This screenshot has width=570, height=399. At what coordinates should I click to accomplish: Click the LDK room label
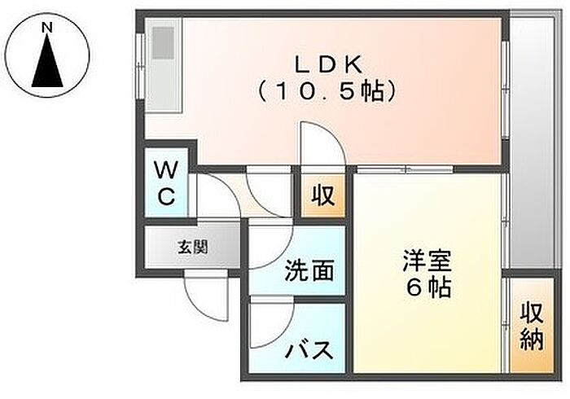pyautogui.click(x=328, y=65)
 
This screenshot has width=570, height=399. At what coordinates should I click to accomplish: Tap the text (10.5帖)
pyautogui.click(x=326, y=91)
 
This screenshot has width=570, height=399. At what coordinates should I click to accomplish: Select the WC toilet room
pyautogui.click(x=166, y=182)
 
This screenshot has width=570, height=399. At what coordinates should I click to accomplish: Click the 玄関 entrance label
pyautogui.click(x=193, y=248)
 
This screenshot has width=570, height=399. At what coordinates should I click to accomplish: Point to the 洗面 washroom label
pyautogui.click(x=309, y=270)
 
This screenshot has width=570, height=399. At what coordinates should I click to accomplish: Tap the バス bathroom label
pyautogui.click(x=309, y=350)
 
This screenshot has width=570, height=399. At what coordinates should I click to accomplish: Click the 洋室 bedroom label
pyautogui.click(x=427, y=261)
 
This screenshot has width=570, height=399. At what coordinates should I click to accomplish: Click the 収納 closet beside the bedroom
pyautogui.click(x=532, y=325)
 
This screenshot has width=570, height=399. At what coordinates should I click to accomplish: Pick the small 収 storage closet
pyautogui.click(x=323, y=196)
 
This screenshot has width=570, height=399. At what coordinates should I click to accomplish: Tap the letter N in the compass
pyautogui.click(x=47, y=27)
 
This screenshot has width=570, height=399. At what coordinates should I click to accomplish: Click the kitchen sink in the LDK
pyautogui.click(x=163, y=43)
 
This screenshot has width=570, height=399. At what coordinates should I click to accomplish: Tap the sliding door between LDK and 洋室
pyautogui.click(x=405, y=169)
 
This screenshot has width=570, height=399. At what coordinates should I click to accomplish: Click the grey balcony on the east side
pyautogui.click(x=532, y=142)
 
